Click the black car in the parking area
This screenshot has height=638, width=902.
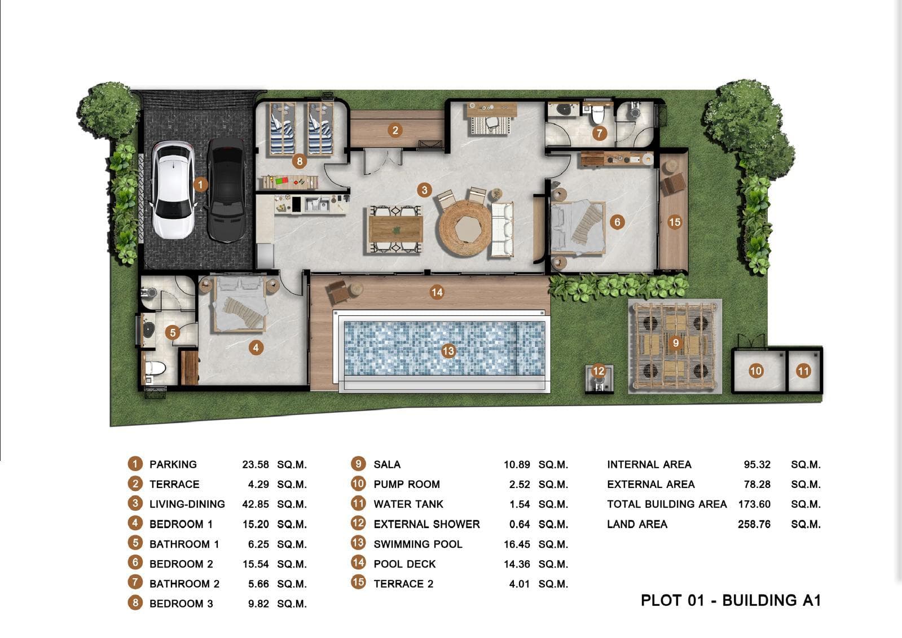(226, 189)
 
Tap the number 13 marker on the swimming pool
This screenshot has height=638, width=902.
(448, 351)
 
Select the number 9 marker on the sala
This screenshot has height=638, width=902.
(675, 342)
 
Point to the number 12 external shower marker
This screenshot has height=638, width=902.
(598, 371)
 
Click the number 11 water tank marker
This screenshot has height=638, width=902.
(803, 371)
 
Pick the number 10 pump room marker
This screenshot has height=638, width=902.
(756, 371)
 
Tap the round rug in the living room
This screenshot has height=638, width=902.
(466, 228)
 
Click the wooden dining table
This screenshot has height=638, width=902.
(395, 228)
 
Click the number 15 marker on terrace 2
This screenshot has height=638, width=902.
(675, 222)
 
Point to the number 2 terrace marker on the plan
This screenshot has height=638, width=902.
(395, 130)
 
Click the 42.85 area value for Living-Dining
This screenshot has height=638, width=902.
(256, 504)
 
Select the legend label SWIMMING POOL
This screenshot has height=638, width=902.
(418, 544)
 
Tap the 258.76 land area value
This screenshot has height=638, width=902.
(754, 524)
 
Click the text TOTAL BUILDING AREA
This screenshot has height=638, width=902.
(667, 504)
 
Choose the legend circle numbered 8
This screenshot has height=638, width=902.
(135, 603)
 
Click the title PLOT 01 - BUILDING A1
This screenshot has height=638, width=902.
(731, 600)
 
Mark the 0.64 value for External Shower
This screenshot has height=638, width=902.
(519, 525)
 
